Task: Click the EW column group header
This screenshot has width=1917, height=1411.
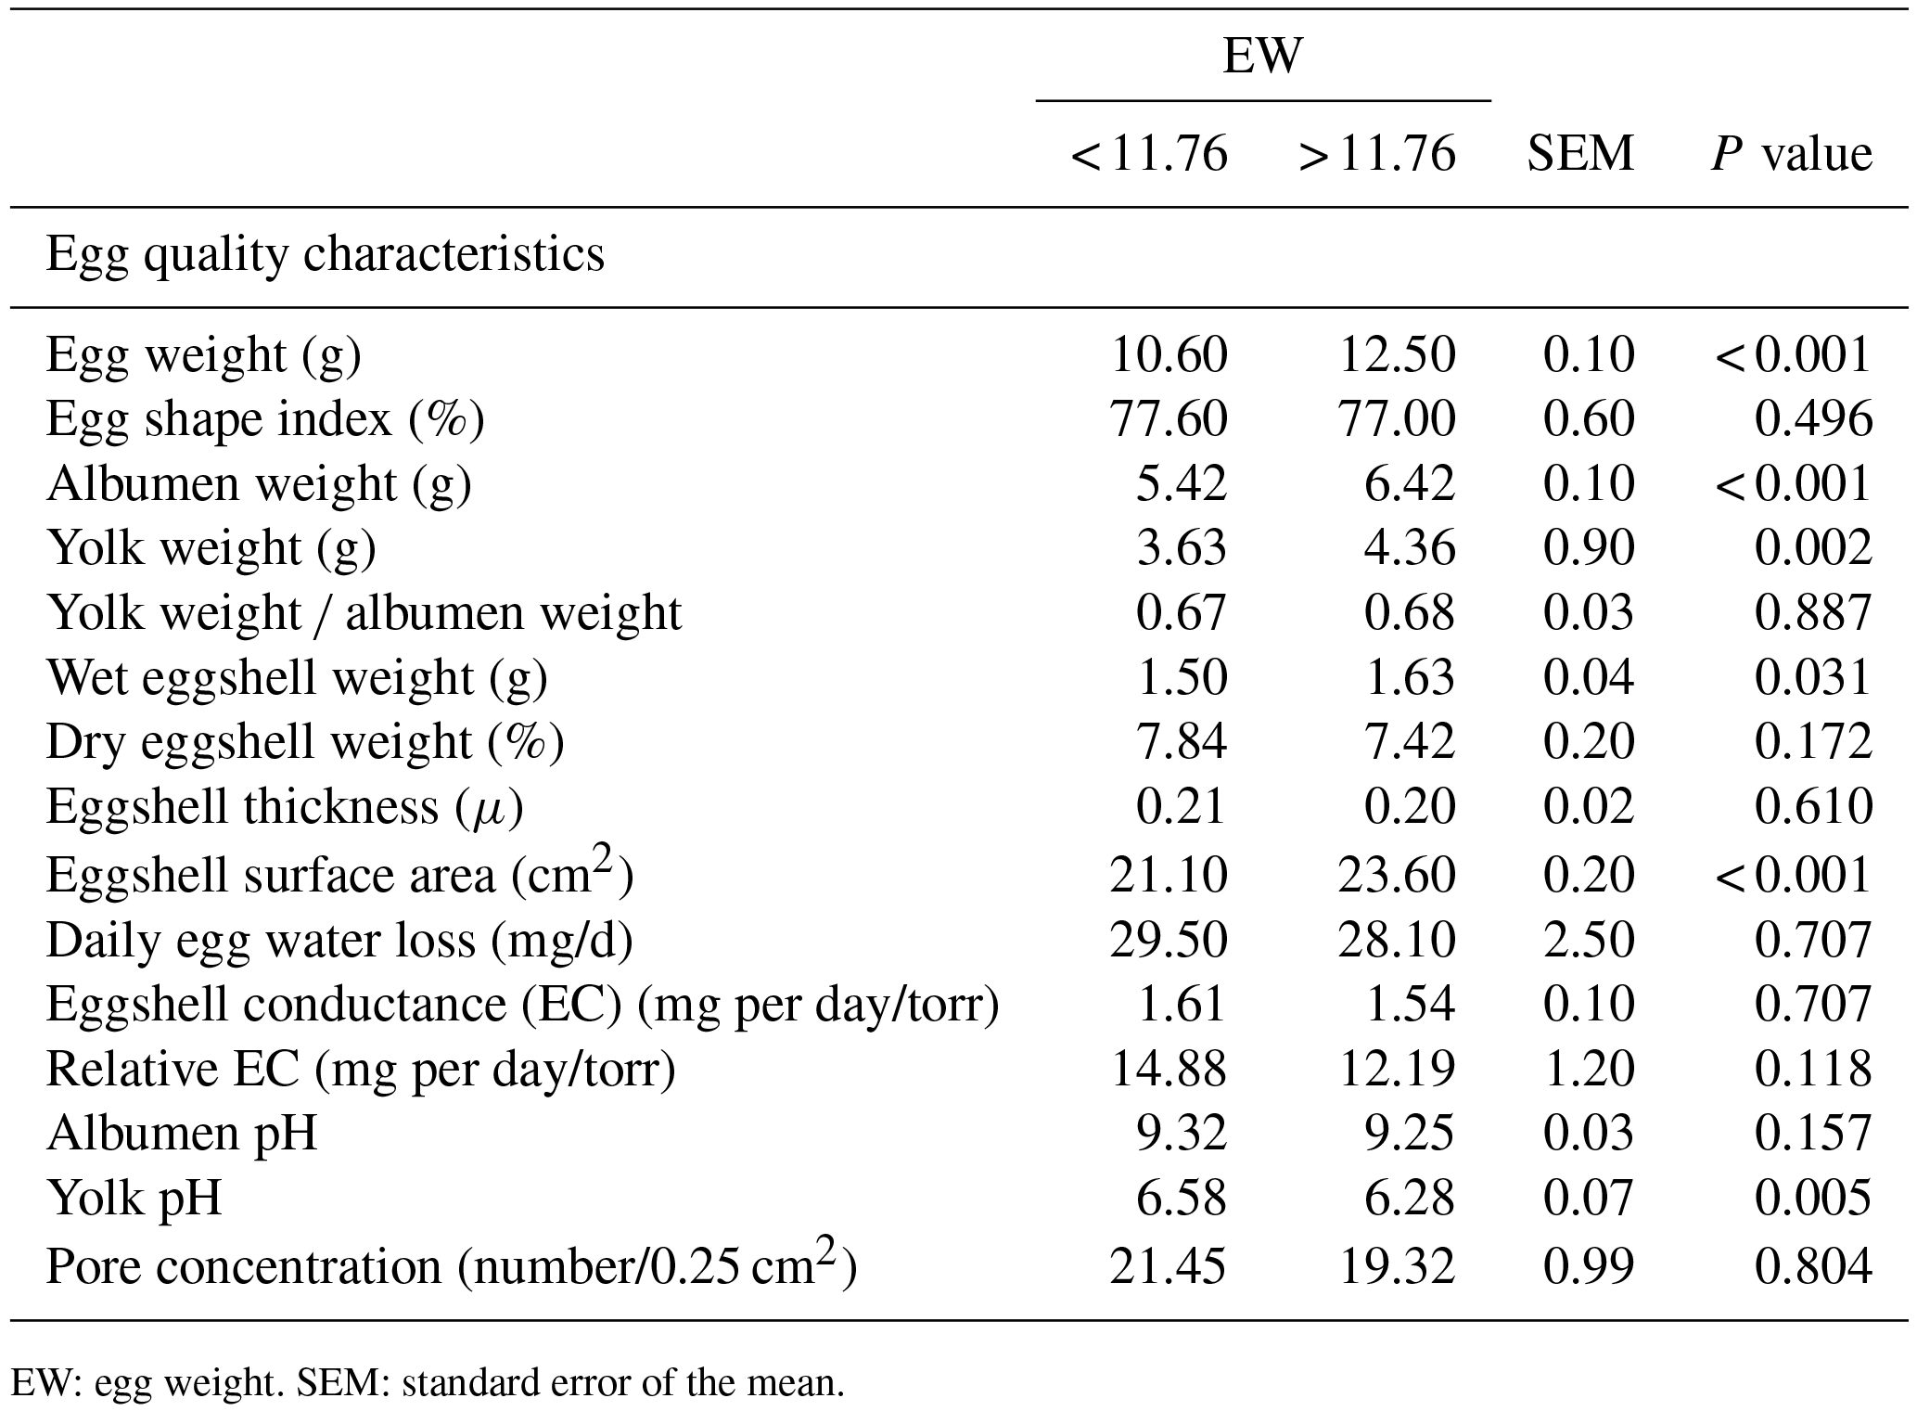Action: pos(1262,56)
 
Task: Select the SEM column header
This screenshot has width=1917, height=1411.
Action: pos(1580,153)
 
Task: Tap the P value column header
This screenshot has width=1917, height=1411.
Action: pos(1791,153)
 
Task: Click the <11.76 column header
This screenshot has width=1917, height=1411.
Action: pos(1149,153)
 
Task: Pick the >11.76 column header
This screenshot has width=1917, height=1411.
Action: pos(1377,153)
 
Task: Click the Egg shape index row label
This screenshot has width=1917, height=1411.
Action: pos(265,419)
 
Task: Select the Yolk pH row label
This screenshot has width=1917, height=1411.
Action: pos(134,1198)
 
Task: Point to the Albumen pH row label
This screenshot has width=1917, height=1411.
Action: pos(182,1133)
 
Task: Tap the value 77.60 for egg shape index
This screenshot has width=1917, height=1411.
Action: pos(1169,419)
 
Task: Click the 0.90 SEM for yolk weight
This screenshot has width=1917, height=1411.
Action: pos(1588,547)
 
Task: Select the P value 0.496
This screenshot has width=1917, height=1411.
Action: pos(1813,419)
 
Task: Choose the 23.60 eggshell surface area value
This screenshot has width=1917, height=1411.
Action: pos(1397,875)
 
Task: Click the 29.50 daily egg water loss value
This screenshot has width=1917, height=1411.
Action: pos(1169,940)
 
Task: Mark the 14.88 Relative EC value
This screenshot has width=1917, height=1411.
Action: pos(1169,1069)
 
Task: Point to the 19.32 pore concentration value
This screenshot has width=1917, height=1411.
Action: pos(1397,1266)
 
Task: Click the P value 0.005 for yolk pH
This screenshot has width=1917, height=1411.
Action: pos(1813,1198)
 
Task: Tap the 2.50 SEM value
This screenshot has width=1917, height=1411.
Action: pos(1588,940)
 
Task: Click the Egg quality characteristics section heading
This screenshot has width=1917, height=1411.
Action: pos(325,254)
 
